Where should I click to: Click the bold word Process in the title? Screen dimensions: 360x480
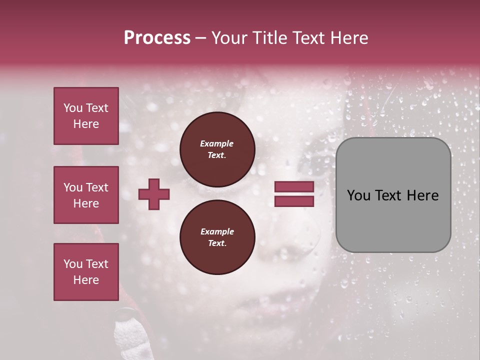pyautogui.click(x=157, y=38)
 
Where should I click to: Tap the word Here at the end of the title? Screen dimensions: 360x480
pyautogui.click(x=348, y=38)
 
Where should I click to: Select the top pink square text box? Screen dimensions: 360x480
pyautogui.click(x=86, y=116)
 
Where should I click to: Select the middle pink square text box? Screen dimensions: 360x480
pyautogui.click(x=86, y=195)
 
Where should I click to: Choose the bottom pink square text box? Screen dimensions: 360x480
pyautogui.click(x=86, y=272)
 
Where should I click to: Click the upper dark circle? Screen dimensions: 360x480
pyautogui.click(x=217, y=149)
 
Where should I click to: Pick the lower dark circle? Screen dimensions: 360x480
pyautogui.click(x=217, y=237)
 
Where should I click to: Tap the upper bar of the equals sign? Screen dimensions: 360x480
pyautogui.click(x=294, y=187)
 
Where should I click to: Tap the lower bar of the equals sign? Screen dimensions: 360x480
pyautogui.click(x=294, y=201)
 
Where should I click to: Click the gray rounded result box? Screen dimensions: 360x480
pyautogui.click(x=393, y=195)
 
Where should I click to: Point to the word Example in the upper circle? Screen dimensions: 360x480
pyautogui.click(x=217, y=143)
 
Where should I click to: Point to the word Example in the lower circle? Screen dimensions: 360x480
pyautogui.click(x=217, y=231)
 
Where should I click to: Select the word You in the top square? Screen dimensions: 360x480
pyautogui.click(x=73, y=108)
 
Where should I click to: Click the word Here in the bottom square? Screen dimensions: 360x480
pyautogui.click(x=86, y=280)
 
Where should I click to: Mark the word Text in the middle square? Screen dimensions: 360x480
pyautogui.click(x=97, y=187)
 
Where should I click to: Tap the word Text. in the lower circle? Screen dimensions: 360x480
pyautogui.click(x=217, y=243)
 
